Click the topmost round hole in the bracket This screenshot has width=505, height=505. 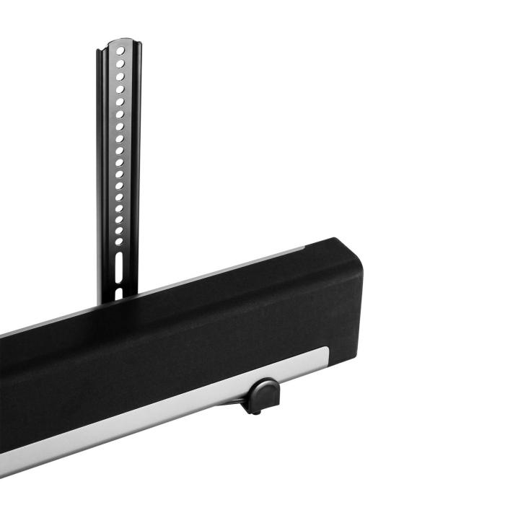pyautogui.click(x=120, y=53)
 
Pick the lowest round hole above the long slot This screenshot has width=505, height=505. pyautogui.click(x=118, y=242)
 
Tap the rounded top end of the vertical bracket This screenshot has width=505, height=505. pyautogui.click(x=120, y=43)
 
